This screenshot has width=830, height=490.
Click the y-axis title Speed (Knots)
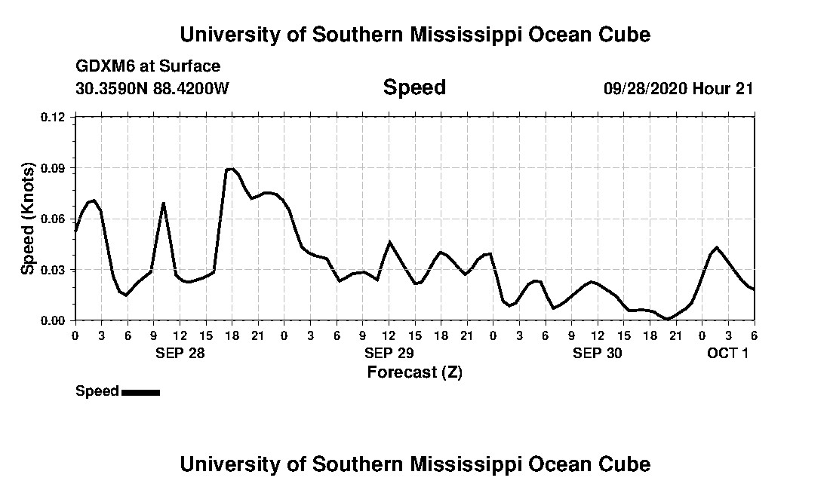pyautogui.click(x=28, y=219)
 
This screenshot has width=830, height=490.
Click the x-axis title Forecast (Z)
pyautogui.click(x=414, y=372)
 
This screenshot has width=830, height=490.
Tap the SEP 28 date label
pyautogui.click(x=180, y=353)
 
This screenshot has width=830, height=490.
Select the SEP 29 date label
pyautogui.click(x=389, y=353)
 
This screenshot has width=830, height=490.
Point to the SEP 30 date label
pyautogui.click(x=598, y=353)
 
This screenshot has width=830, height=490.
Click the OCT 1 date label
pyautogui.click(x=727, y=353)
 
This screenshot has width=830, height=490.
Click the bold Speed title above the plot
pyautogui.click(x=414, y=87)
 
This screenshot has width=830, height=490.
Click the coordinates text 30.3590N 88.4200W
pyautogui.click(x=152, y=88)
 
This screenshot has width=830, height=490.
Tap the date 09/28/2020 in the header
pyautogui.click(x=645, y=88)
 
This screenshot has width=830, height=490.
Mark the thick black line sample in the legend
pyautogui.click(x=140, y=392)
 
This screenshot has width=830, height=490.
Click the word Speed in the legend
pyautogui.click(x=97, y=391)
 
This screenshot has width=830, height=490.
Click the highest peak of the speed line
pyautogui.click(x=231, y=169)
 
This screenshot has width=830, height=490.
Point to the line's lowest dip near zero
pyautogui.click(x=668, y=319)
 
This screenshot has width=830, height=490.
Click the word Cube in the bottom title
pyautogui.click(x=623, y=464)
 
